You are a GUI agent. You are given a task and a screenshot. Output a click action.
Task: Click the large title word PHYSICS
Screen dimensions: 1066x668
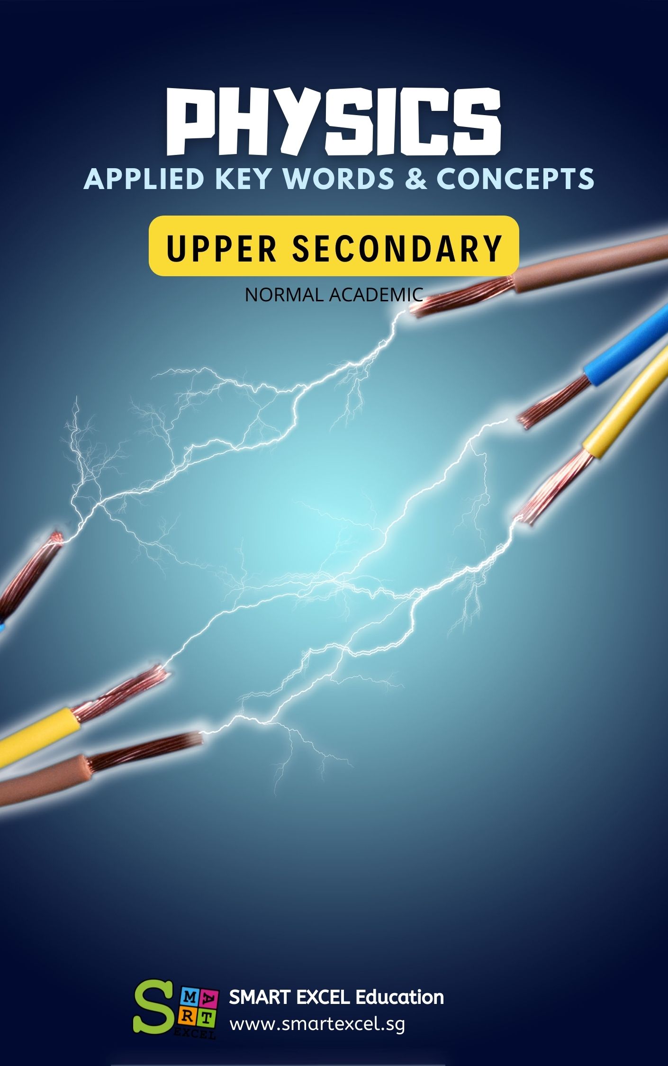[334, 122]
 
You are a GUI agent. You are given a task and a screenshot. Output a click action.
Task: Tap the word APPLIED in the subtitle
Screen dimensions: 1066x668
[144, 179]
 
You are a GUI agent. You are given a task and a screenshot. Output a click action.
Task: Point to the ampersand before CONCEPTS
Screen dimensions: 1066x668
[415, 179]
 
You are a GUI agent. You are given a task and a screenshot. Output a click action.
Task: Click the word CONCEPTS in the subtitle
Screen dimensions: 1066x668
[515, 179]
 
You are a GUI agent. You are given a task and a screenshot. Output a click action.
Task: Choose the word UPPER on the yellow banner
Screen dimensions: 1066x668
[221, 248]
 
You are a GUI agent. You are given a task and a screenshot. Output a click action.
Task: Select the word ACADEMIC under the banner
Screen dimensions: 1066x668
[376, 295]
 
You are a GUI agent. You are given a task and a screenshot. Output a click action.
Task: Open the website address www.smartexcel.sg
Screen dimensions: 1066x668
[317, 1024]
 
